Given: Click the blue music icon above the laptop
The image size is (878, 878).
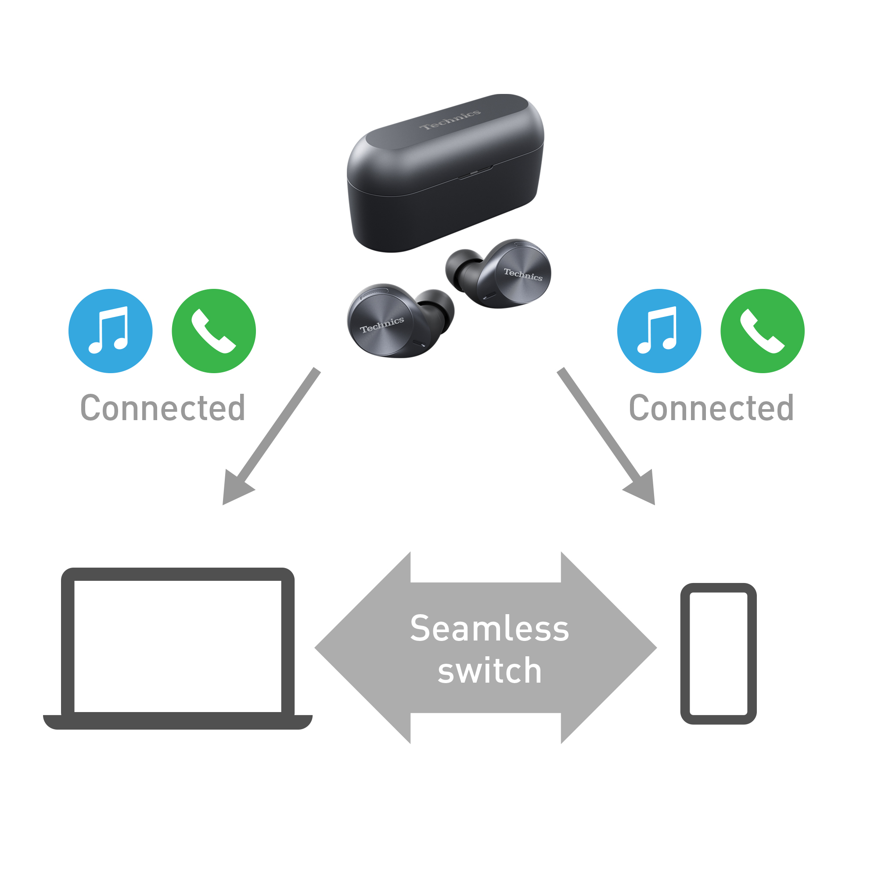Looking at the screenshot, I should coord(111,331).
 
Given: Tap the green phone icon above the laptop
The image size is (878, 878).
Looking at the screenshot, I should coord(214,331).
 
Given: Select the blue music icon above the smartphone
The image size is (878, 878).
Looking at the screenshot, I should coord(659,331).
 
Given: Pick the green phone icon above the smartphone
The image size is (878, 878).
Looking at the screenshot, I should coord(762,331).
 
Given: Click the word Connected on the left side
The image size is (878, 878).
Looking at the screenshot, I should coord(163,408).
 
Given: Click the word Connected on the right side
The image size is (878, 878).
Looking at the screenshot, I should coord(711,408).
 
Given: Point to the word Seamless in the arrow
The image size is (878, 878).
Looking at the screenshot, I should coord(489,629).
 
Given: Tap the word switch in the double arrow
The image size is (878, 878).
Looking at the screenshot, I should coord(489,671).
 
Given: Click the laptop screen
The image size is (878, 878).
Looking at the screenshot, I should coord(177,646).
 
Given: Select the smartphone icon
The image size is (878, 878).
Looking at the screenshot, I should coord(718,654).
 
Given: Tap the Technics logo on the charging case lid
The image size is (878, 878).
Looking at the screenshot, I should coord(450,119).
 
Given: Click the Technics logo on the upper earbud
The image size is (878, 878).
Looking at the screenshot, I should coord(522,274).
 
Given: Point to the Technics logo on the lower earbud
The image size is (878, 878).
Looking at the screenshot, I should coord(382,324).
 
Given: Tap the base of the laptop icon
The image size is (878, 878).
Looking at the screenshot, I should coord(177,722).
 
